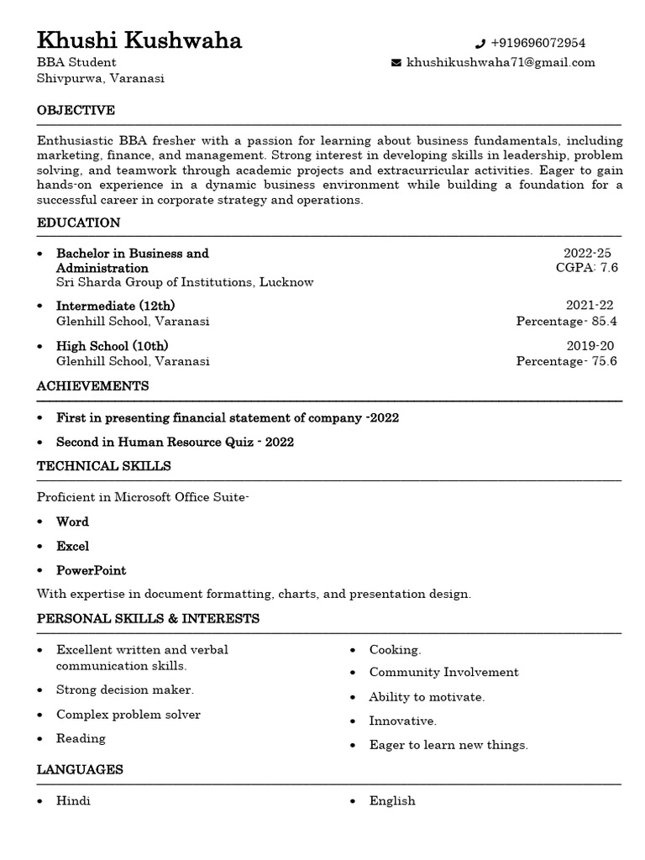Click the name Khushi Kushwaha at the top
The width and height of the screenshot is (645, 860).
(x=139, y=39)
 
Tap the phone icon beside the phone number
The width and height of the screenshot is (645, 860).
(x=480, y=44)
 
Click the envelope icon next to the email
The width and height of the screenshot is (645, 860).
(x=396, y=63)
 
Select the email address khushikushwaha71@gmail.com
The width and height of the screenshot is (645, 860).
(x=501, y=62)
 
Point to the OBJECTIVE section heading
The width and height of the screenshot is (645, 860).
(x=76, y=111)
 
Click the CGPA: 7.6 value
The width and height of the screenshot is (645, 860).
(x=586, y=268)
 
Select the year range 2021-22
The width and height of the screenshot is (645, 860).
(x=590, y=306)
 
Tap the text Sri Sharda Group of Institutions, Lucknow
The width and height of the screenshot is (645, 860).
(x=185, y=282)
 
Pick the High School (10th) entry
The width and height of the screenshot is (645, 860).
(x=112, y=346)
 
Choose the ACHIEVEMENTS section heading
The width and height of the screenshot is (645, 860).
(x=93, y=386)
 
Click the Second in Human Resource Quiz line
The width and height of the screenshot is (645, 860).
(x=175, y=442)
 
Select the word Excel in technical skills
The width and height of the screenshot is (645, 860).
(x=72, y=546)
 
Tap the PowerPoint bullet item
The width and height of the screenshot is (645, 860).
(x=91, y=570)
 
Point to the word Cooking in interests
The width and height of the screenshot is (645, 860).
(x=395, y=650)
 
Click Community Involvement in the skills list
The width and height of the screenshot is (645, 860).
(x=443, y=672)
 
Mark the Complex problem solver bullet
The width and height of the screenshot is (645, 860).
(x=128, y=715)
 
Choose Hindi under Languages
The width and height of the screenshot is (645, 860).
(x=73, y=801)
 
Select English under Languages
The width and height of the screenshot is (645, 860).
(x=392, y=801)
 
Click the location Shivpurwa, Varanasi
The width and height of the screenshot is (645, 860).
(x=101, y=78)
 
